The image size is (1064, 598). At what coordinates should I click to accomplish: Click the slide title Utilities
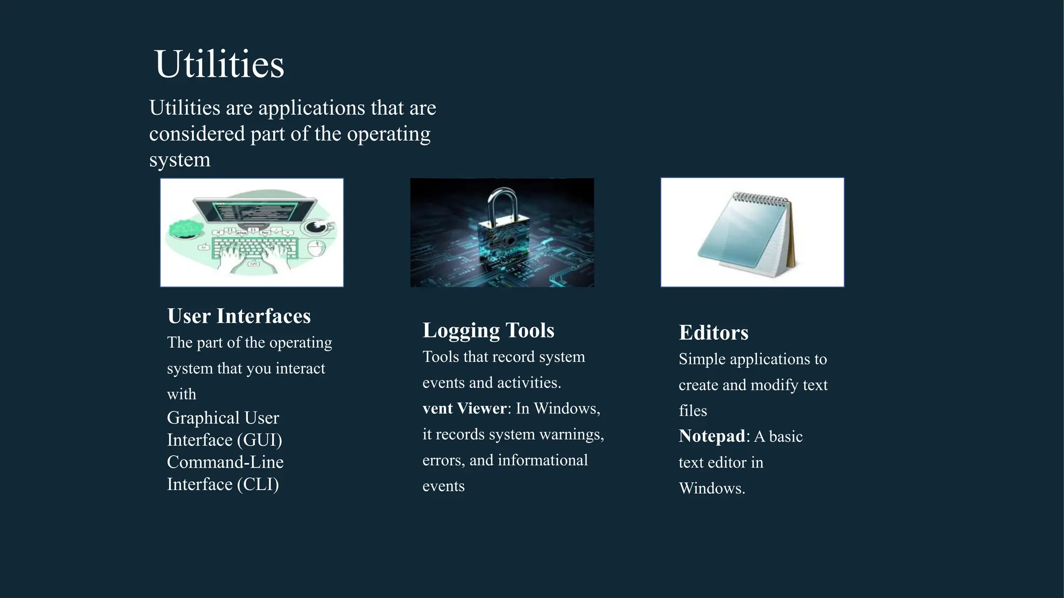tap(219, 64)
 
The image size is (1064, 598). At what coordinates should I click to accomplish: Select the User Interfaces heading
tap(239, 316)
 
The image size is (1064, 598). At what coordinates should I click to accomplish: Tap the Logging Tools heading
tap(488, 331)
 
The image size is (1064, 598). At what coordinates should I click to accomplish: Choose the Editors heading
tap(713, 333)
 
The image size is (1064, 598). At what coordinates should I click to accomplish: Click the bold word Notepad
tap(712, 436)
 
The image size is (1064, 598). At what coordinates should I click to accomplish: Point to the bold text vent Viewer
tap(464, 409)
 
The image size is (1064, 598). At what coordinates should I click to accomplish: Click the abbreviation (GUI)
tap(260, 440)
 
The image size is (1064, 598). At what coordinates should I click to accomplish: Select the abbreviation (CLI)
tap(258, 484)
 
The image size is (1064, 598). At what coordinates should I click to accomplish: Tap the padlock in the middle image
tap(503, 228)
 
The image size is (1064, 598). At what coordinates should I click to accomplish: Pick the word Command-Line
tap(225, 462)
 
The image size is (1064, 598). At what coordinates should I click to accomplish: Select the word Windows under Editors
tap(711, 488)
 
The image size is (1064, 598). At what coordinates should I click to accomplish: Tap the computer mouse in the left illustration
tap(316, 249)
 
